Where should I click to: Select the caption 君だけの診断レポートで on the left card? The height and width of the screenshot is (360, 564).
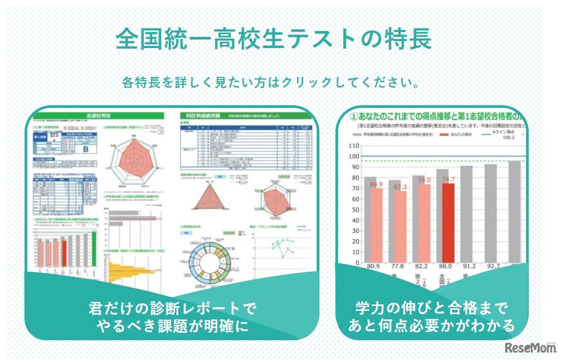pos(172,308)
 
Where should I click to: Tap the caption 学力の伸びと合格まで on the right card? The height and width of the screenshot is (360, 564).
pos(432,308)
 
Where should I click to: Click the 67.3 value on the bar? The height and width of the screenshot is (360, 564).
pos(400,187)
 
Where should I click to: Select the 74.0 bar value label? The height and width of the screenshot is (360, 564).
pos(424,180)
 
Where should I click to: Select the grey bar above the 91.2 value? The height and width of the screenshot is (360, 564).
pos(466,214)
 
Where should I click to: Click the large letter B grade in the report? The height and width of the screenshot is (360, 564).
pos(85,149)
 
